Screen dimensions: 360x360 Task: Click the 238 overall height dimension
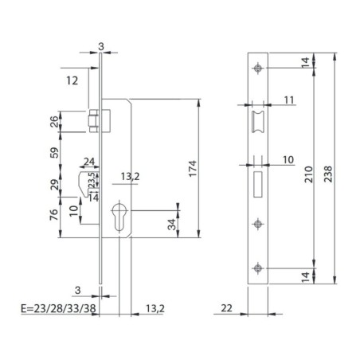pyautogui.click(x=328, y=174)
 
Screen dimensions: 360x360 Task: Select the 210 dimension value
pyautogui.click(x=308, y=174)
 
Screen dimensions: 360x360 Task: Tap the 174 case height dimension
pyautogui.click(x=192, y=168)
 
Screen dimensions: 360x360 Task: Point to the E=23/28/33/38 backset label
pyautogui.click(x=58, y=308)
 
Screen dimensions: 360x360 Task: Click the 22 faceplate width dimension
pyautogui.click(x=226, y=308)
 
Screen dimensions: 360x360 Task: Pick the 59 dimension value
pyautogui.click(x=54, y=153)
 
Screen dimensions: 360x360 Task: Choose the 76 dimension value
pyautogui.click(x=54, y=214)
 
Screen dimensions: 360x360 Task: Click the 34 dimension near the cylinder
pyautogui.click(x=172, y=225)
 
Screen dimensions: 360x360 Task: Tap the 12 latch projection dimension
pyautogui.click(x=72, y=80)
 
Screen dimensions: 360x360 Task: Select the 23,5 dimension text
pyautogui.click(x=92, y=179)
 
